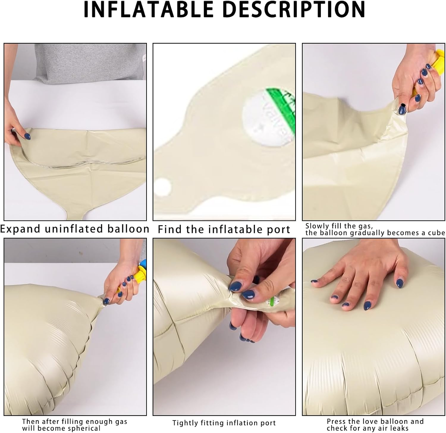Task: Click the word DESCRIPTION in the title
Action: (x=294, y=10)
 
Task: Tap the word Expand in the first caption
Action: (x=20, y=229)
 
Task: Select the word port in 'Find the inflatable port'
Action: (x=278, y=230)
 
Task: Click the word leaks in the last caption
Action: (x=400, y=429)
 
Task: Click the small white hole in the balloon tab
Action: (x=163, y=187)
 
